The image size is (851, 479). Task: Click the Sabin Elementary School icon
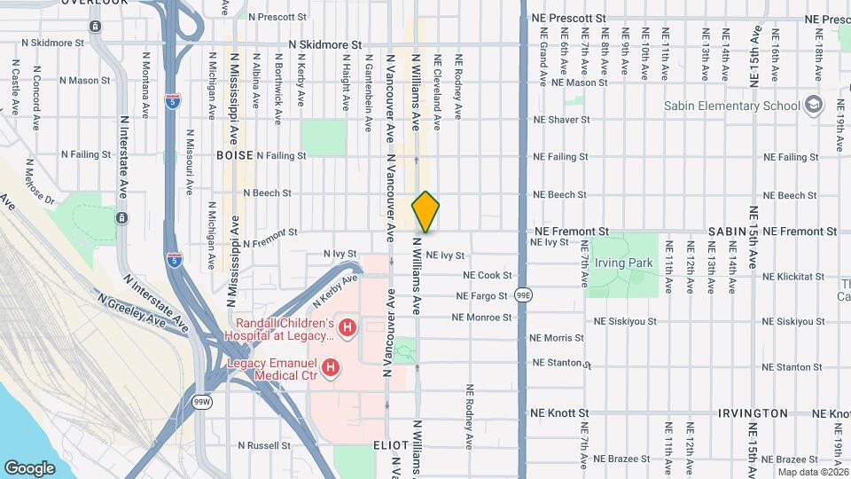813,106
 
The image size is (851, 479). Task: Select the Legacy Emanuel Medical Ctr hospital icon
331,366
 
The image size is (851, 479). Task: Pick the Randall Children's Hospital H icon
347,328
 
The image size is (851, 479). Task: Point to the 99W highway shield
203,402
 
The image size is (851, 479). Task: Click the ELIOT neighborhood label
390,445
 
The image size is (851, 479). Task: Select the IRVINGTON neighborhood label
753,413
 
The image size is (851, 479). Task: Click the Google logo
29,467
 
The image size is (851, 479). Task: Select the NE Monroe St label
481,317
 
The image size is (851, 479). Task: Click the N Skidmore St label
325,43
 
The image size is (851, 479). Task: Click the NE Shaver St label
555,120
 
